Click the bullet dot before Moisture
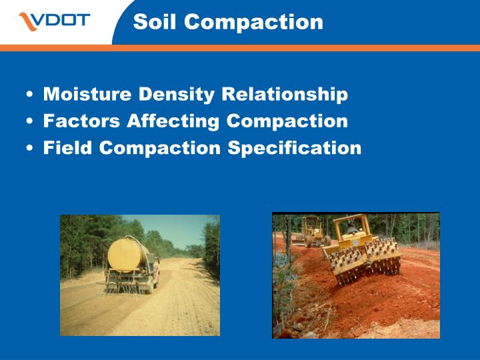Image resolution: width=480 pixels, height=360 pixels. coord(31,95)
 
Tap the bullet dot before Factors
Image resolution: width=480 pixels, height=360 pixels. coord(31,122)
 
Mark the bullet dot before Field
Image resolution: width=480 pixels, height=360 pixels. coord(31,148)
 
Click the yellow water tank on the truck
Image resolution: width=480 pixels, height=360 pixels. coord(127,254)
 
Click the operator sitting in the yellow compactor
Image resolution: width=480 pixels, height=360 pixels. coord(351,229)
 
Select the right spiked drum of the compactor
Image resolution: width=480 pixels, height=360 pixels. coord(383,257)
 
